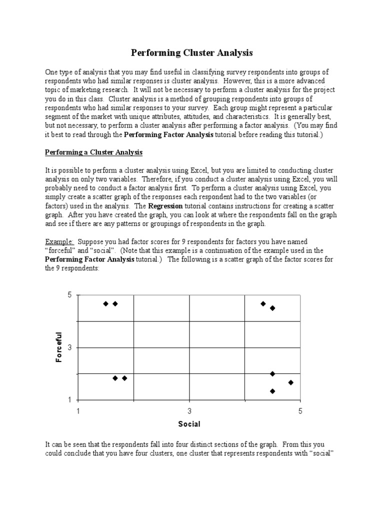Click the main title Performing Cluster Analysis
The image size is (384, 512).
[x=192, y=52]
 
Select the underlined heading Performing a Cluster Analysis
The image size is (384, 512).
[x=94, y=152]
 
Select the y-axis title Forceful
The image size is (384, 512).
[x=59, y=347]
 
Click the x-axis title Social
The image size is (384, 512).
[x=189, y=424]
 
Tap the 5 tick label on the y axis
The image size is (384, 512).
[x=70, y=295]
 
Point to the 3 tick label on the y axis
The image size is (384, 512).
[x=70, y=347]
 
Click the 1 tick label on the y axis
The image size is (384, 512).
[x=70, y=400]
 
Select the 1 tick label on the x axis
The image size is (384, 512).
[x=78, y=411]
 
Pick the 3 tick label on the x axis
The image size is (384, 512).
[x=189, y=411]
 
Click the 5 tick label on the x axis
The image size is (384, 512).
[x=300, y=411]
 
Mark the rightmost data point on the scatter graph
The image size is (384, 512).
[x=291, y=382]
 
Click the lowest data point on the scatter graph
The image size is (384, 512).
[x=272, y=391]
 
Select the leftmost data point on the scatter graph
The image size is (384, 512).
[x=105, y=303]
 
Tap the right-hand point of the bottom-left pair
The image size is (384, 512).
[x=124, y=378]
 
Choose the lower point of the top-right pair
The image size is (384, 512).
[x=272, y=308]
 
